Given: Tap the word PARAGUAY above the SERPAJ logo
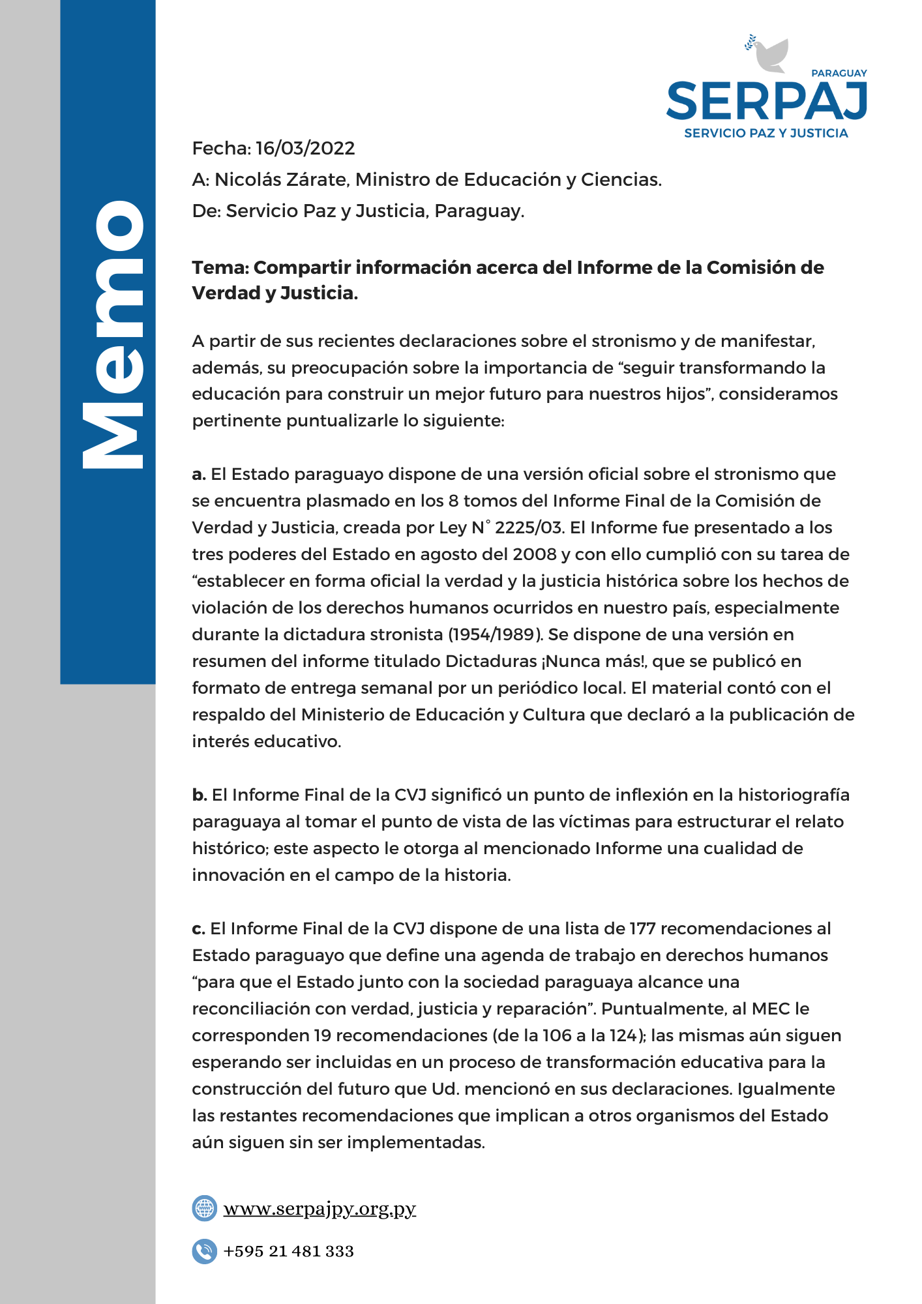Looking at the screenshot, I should click(839, 74).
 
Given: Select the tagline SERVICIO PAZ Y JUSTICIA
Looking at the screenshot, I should click(766, 133).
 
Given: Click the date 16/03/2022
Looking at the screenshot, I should click(305, 149).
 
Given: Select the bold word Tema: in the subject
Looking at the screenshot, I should click(220, 268).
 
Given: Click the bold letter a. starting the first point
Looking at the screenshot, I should click(198, 475).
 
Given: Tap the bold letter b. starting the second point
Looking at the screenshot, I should click(199, 795).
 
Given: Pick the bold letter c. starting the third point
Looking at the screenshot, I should click(198, 929).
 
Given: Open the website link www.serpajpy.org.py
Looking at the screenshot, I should click(320, 1209).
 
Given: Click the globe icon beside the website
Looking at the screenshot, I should click(205, 1209).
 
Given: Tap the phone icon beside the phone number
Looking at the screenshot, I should click(205, 1251).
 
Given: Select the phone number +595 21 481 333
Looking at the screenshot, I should click(288, 1251).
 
